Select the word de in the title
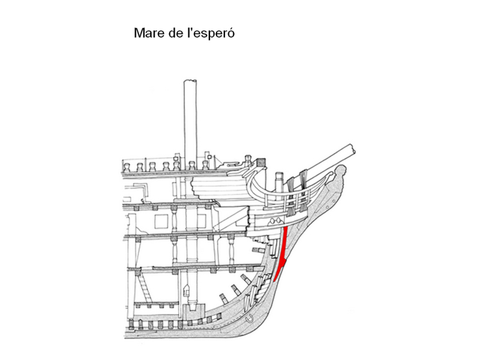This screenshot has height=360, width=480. click(x=176, y=32)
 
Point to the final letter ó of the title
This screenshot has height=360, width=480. click(x=229, y=32)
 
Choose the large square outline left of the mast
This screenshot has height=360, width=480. click(x=163, y=221)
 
